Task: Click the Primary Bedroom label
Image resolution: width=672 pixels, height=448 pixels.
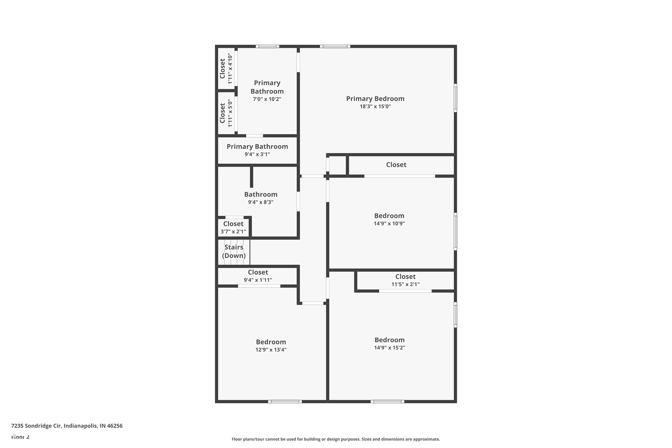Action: pyautogui.click(x=375, y=99)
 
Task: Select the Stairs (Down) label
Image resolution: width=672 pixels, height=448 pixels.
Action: pyautogui.click(x=234, y=251)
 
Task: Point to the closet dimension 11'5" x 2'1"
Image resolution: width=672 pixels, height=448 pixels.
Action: pyautogui.click(x=405, y=284)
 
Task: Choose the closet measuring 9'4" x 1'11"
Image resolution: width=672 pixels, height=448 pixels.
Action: pyautogui.click(x=258, y=276)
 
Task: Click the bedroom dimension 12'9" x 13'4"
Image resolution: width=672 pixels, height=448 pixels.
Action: pyautogui.click(x=271, y=350)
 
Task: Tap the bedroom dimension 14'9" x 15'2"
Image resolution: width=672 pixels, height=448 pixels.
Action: pyautogui.click(x=390, y=348)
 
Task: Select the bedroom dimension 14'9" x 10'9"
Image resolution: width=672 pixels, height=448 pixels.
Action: pyautogui.click(x=389, y=223)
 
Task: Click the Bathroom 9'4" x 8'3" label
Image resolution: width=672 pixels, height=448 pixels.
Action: pyautogui.click(x=261, y=198)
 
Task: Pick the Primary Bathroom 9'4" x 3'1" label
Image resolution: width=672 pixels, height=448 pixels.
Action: pyautogui.click(x=257, y=150)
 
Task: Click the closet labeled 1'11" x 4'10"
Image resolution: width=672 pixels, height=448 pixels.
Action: pyautogui.click(x=226, y=69)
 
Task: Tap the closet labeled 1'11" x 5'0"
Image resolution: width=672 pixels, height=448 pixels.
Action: pyautogui.click(x=226, y=113)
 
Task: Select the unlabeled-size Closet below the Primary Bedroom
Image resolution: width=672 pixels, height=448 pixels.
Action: pyautogui.click(x=396, y=165)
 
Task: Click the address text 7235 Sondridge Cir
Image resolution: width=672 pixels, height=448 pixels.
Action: pyautogui.click(x=67, y=426)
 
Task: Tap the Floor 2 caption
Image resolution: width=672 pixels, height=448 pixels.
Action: pyautogui.click(x=20, y=437)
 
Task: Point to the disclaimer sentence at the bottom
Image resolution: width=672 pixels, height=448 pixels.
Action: pyautogui.click(x=336, y=439)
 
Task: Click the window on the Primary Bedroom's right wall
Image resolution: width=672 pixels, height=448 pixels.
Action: pyautogui.click(x=455, y=98)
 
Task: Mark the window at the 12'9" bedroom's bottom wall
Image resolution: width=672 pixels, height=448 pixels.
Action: pyautogui.click(x=285, y=401)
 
